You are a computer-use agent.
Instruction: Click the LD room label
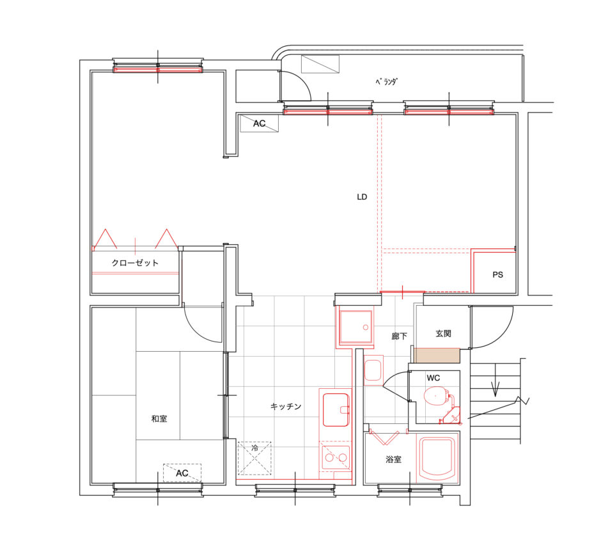tap(362, 197)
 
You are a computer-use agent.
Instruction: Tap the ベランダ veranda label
tap(386, 81)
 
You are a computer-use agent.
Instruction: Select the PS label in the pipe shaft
tap(497, 275)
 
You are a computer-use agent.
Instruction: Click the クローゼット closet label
tap(135, 263)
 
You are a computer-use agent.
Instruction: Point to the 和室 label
tap(159, 418)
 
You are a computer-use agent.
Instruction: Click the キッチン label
tap(286, 406)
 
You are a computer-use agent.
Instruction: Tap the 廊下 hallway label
tap(399, 336)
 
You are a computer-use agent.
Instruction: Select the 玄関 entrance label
tap(444, 333)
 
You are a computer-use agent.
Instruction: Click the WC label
tap(433, 378)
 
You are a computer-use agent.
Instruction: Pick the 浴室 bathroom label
tap(394, 459)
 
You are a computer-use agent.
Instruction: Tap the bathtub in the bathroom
tap(437, 458)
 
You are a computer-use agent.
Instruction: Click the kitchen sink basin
tap(336, 410)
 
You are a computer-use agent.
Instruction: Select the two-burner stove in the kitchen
tap(336, 457)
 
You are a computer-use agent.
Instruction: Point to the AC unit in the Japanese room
tap(182, 473)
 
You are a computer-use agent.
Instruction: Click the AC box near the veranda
tap(259, 123)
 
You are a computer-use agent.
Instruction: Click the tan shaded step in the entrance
tap(437, 356)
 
